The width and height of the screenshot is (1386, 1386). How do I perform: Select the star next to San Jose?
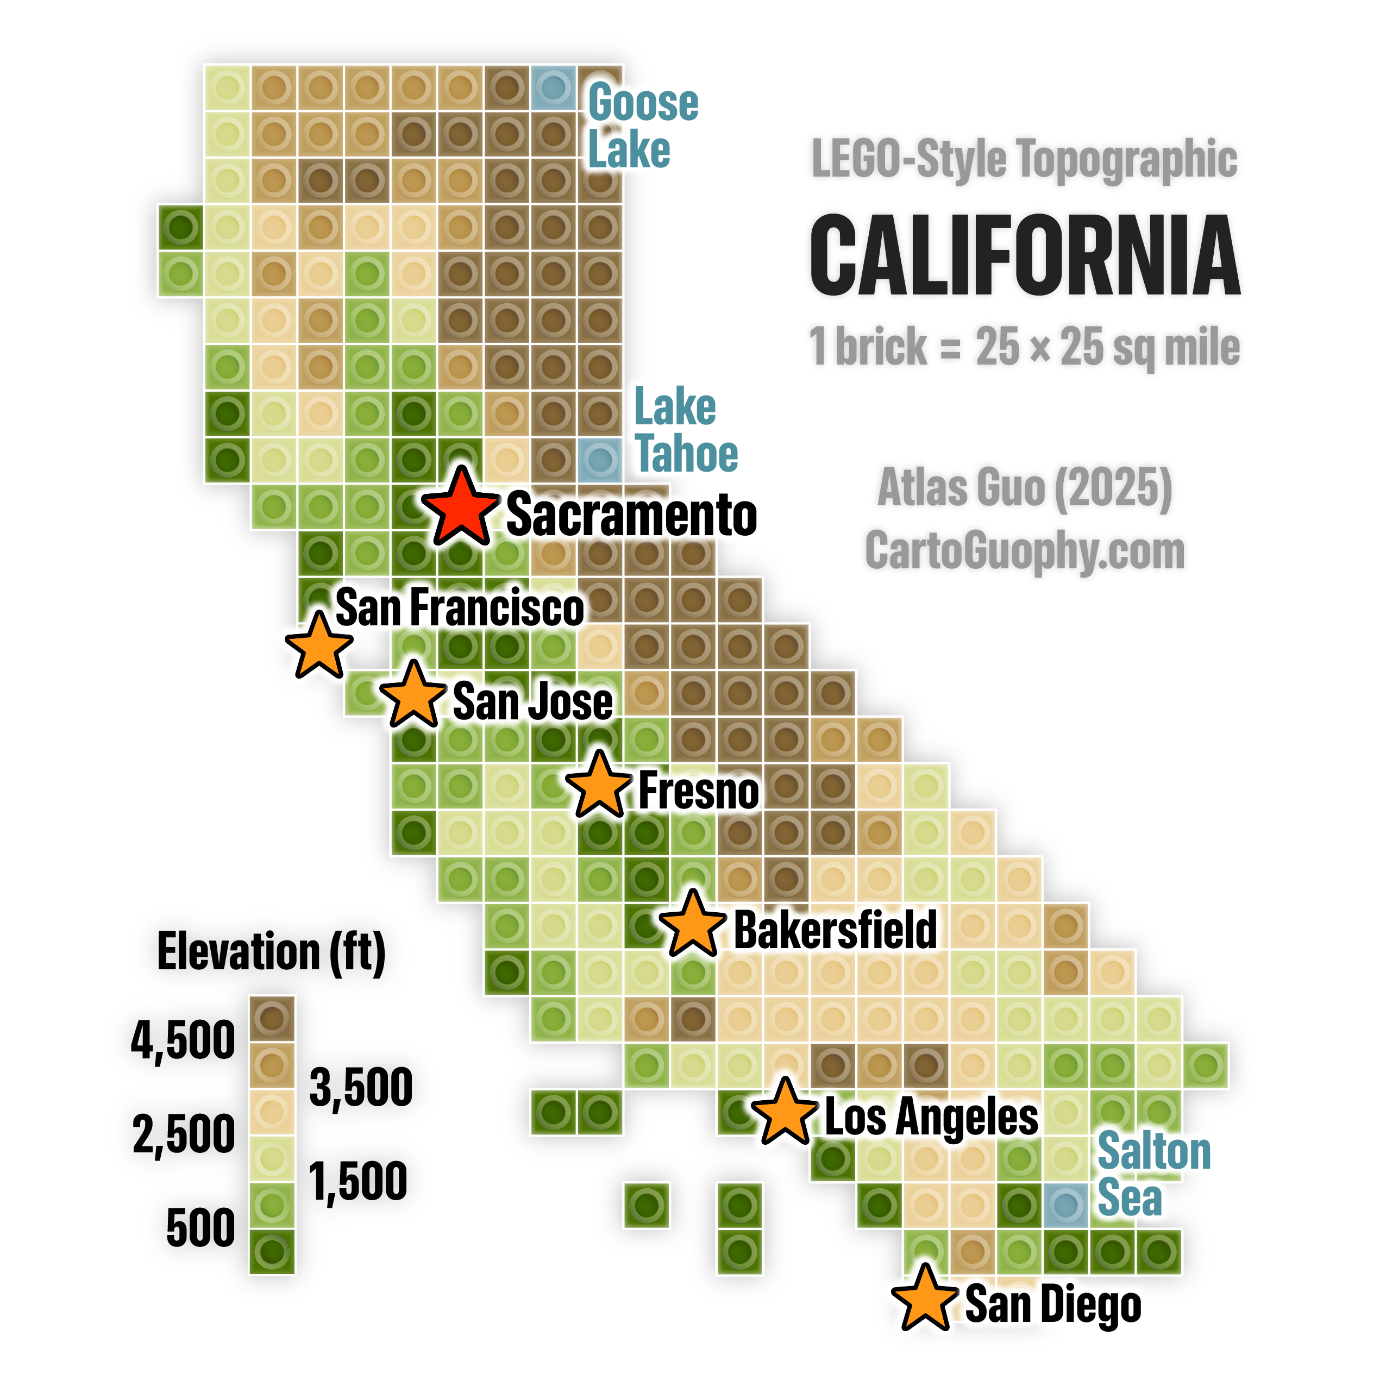point(412,697)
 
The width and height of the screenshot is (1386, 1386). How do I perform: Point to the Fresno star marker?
point(598,786)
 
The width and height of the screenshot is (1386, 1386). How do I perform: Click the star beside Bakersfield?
point(692,925)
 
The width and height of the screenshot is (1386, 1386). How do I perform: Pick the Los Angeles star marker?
point(786,1113)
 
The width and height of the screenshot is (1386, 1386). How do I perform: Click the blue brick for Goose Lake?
point(553,87)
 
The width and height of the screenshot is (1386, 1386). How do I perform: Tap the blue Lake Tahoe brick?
point(600,459)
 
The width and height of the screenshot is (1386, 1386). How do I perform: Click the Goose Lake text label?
point(642,126)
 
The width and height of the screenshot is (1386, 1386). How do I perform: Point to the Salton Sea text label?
point(1153,1174)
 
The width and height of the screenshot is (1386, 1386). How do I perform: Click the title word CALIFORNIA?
point(1025,255)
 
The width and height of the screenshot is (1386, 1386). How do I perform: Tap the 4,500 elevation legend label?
point(183,1040)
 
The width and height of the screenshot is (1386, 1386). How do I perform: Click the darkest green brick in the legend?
point(272,1252)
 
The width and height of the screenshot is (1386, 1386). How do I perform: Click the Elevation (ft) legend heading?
point(271,952)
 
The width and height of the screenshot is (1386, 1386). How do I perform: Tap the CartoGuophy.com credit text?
point(1025,550)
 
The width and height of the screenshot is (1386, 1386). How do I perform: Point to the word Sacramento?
point(631,515)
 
